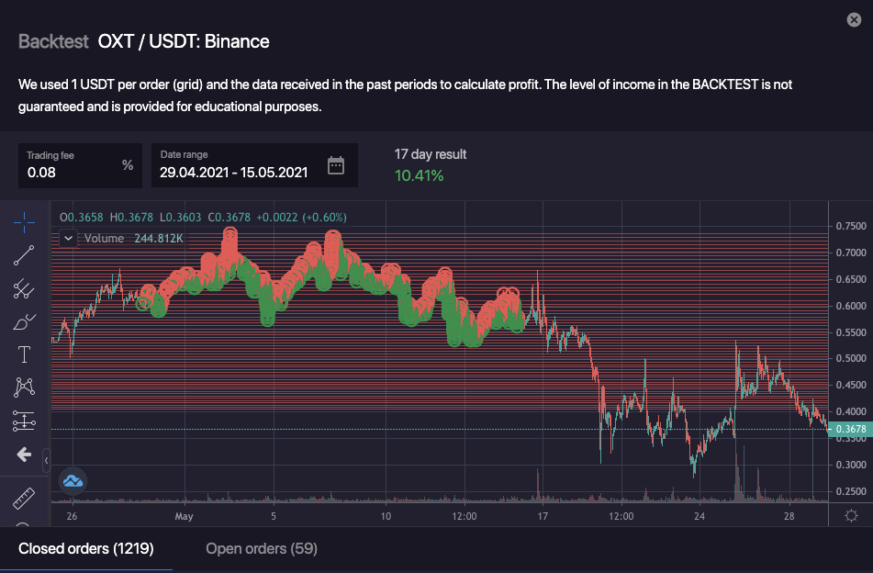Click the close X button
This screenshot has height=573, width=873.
click(x=854, y=20)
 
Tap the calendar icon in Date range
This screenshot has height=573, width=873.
click(x=336, y=165)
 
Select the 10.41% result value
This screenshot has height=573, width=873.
click(x=420, y=175)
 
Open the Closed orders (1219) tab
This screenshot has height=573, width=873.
click(x=85, y=549)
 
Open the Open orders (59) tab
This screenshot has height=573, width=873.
click(x=262, y=549)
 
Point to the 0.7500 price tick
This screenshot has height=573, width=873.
click(x=849, y=226)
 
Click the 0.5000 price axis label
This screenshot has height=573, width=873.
click(x=849, y=358)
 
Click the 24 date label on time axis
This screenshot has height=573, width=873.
click(x=700, y=516)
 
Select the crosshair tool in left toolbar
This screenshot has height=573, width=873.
click(x=24, y=221)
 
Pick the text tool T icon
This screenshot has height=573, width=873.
click(x=24, y=354)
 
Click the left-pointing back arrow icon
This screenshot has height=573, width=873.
click(x=24, y=455)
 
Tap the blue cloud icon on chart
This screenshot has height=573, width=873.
click(x=73, y=480)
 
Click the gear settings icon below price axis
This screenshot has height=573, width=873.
click(x=851, y=516)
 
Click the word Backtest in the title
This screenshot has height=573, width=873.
click(x=53, y=41)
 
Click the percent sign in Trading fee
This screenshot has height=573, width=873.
click(x=128, y=165)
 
